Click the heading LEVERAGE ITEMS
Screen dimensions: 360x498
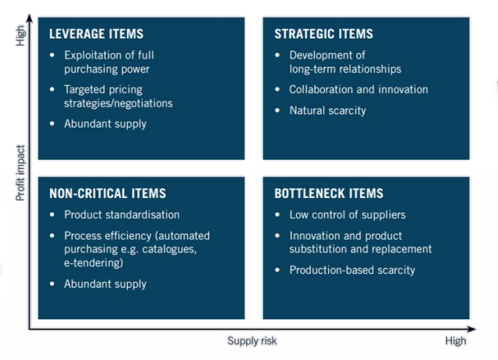[x=96, y=34]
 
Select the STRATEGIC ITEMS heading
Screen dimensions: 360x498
[x=323, y=34]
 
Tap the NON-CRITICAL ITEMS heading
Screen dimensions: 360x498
[x=107, y=193]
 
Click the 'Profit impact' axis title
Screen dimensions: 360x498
[x=21, y=172]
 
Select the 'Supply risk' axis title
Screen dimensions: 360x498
[x=252, y=340]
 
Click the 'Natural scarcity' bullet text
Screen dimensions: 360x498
[x=327, y=110]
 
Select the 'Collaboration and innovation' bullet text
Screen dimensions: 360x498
[x=359, y=89]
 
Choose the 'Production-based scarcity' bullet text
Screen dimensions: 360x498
[x=352, y=270]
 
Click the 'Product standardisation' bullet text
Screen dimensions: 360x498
[x=121, y=215]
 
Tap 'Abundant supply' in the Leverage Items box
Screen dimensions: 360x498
[x=105, y=123]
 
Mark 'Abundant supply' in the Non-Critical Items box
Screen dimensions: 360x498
[x=105, y=284]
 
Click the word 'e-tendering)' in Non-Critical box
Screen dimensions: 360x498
[x=94, y=264]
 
